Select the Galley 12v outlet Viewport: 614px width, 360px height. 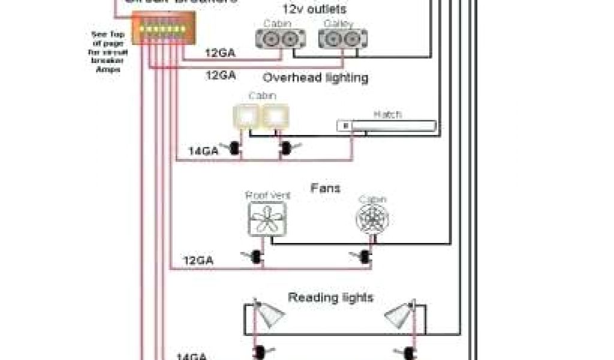[337, 39]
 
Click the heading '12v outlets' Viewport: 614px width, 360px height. [314, 10]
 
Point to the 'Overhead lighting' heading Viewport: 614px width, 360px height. [316, 78]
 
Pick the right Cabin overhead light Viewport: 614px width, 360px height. [275, 116]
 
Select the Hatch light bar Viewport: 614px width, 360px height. [386, 125]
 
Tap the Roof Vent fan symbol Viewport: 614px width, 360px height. [267, 218]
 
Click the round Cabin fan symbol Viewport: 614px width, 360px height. [372, 220]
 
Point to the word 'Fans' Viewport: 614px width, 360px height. [325, 188]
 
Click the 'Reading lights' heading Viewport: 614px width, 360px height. [330, 298]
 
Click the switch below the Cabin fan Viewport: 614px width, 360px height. [364, 257]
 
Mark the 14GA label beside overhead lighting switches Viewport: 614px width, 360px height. [203, 151]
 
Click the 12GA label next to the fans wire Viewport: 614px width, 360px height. [198, 261]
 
